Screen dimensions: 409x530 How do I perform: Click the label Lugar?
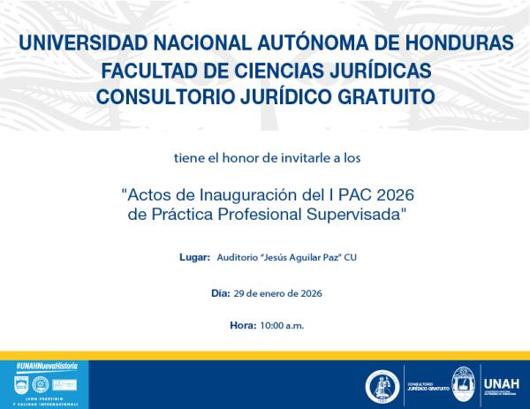point(194,257)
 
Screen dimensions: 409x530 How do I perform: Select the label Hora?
point(242,326)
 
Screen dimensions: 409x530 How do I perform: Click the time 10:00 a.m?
point(282,326)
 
